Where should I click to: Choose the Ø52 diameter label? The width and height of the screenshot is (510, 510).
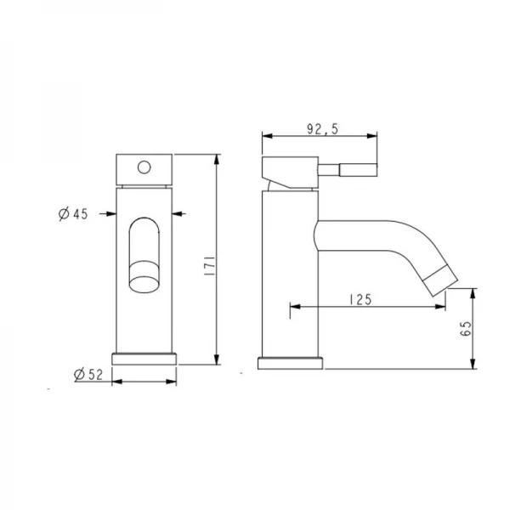point(88,373)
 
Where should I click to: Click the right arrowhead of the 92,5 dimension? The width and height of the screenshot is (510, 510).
point(373,136)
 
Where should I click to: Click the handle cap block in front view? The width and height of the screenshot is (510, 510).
point(144,169)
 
